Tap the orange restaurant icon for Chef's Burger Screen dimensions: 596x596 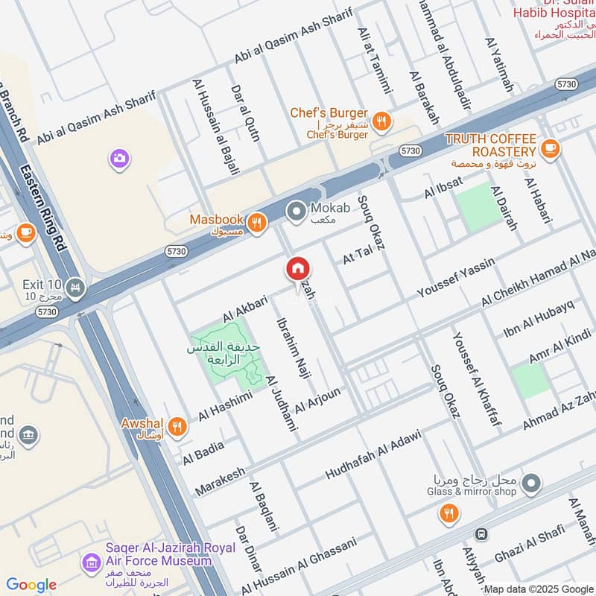coord(381,121)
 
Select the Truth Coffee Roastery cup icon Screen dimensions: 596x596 coord(551,149)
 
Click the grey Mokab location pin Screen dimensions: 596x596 coord(297,212)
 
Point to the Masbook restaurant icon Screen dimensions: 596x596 coord(256,221)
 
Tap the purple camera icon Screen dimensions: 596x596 coord(119,158)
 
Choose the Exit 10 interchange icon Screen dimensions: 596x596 coord(74,286)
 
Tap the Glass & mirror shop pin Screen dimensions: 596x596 coord(531,485)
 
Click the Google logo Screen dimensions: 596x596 coord(31,585)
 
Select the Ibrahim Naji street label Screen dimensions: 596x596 coord(292,349)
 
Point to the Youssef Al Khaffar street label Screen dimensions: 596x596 coord(475,379)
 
